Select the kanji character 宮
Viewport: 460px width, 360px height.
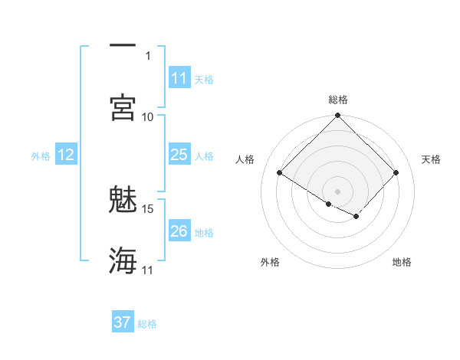[x=123, y=107]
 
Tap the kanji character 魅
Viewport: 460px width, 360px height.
[x=123, y=201]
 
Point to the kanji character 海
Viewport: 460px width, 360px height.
[x=123, y=260]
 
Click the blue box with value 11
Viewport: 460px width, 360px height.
[x=179, y=78]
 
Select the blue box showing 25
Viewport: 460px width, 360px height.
[x=179, y=155]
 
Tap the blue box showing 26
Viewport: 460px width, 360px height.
[x=179, y=231]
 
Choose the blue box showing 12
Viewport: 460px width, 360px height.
[x=65, y=155]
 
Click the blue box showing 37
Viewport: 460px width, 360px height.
[x=122, y=322]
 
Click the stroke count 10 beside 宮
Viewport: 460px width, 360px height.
[x=148, y=116]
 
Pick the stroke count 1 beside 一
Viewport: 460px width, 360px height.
[x=148, y=55]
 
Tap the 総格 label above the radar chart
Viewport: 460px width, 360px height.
[x=337, y=100]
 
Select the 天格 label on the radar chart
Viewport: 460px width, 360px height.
[x=431, y=159]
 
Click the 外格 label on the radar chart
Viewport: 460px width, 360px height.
[x=270, y=262]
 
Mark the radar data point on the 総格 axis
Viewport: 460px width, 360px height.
[x=337, y=116]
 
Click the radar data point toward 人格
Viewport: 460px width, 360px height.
[x=280, y=173]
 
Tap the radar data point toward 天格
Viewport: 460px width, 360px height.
[x=396, y=173]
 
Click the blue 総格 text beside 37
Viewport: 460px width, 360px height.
[x=147, y=324]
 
